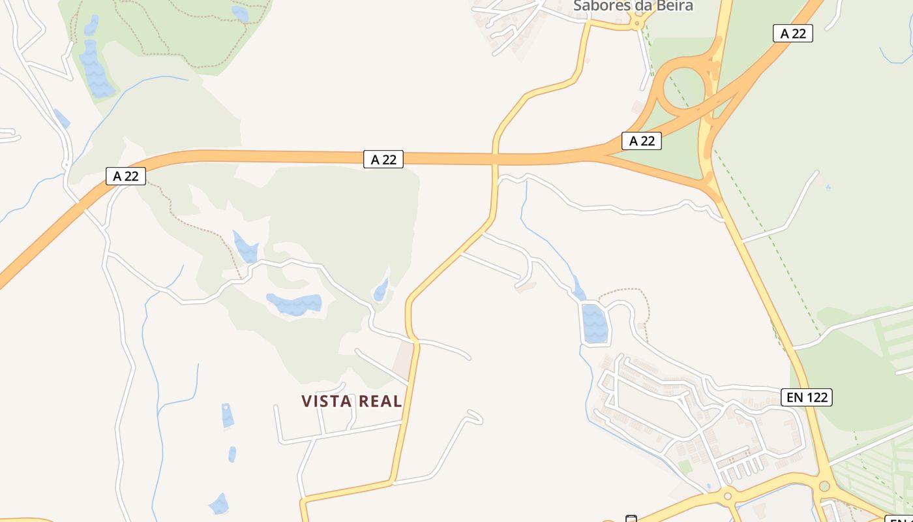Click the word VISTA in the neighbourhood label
point(327,401)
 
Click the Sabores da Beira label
point(633,6)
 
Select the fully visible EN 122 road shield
point(807,397)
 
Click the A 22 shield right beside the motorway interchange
point(642,140)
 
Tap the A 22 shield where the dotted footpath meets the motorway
point(126,176)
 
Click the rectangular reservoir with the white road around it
point(594,323)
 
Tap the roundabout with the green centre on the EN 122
point(824,486)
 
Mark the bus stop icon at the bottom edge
point(631,519)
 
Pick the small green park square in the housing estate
point(684,467)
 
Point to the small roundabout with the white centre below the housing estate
point(728,496)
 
